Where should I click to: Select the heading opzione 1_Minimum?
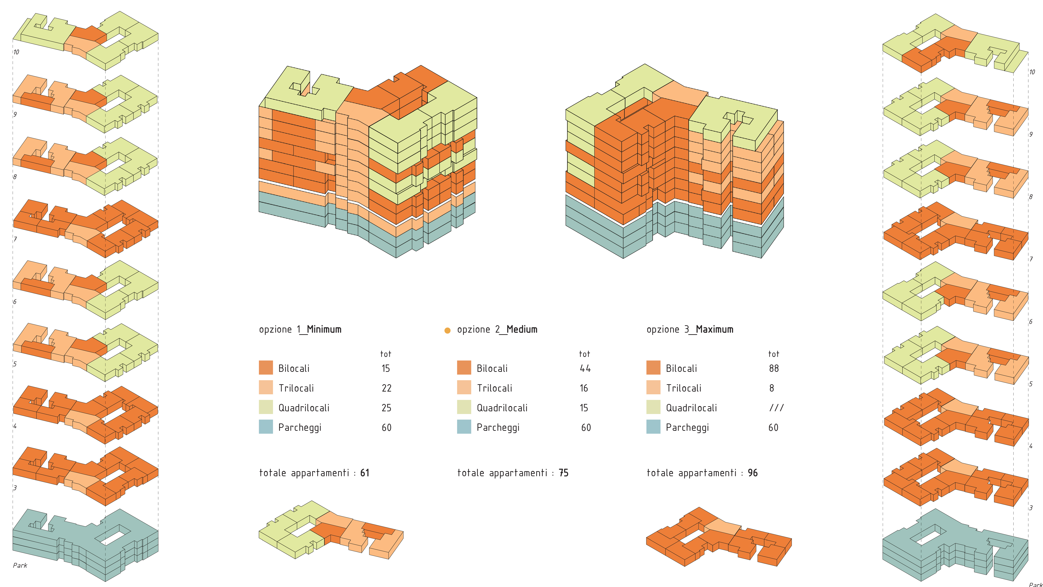coord(300,329)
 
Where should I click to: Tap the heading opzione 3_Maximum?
coord(690,329)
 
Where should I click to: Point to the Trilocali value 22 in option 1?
coord(386,388)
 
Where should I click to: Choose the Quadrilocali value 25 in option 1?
coord(386,408)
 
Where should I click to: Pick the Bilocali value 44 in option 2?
coord(585,368)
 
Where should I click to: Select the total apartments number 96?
coord(753,473)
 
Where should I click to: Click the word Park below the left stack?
coord(20,565)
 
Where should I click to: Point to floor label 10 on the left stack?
coord(16,52)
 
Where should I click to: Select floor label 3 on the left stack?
coord(15,488)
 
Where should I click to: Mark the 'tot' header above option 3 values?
coord(773,354)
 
